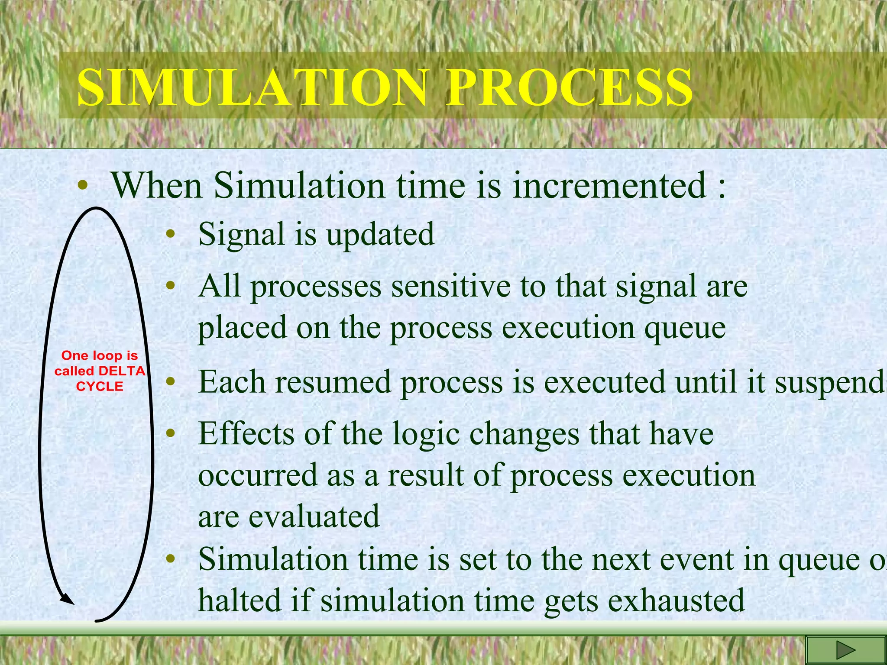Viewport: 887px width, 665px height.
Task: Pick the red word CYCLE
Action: pos(100,386)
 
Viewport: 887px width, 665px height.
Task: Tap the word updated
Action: pos(380,234)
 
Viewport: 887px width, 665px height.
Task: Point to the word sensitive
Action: pos(450,286)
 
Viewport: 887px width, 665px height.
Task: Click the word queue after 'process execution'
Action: pos(685,328)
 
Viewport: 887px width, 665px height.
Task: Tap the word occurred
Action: pos(258,475)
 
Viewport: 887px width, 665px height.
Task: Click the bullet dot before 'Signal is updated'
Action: pos(171,234)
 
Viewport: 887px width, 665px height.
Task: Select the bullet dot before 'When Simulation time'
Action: pos(82,187)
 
